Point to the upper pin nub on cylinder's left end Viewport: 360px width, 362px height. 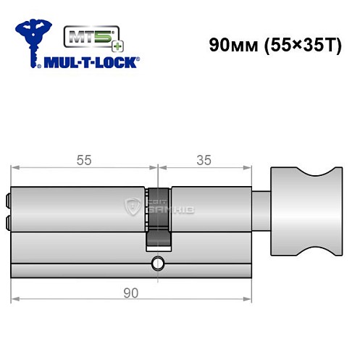(9, 198)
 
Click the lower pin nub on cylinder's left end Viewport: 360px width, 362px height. (9, 222)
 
